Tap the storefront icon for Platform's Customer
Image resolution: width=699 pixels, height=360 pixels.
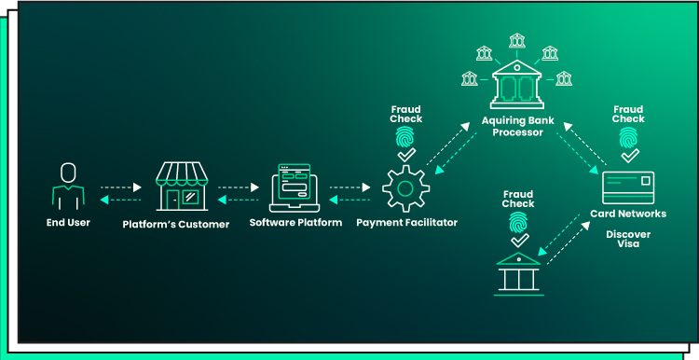coord(181,185)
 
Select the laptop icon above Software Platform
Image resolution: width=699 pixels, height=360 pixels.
coord(295,187)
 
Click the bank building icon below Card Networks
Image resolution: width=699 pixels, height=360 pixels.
coord(519,272)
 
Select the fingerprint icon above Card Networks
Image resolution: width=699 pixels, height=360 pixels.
coord(628,138)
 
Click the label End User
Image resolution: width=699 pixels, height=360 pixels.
coord(68,223)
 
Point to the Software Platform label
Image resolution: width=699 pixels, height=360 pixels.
coord(295,223)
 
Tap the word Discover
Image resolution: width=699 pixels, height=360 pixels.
coord(627,234)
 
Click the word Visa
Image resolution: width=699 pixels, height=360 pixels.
coord(627,244)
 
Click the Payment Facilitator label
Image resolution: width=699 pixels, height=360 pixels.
coord(406,223)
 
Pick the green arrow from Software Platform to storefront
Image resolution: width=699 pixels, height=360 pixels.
coord(239,200)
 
